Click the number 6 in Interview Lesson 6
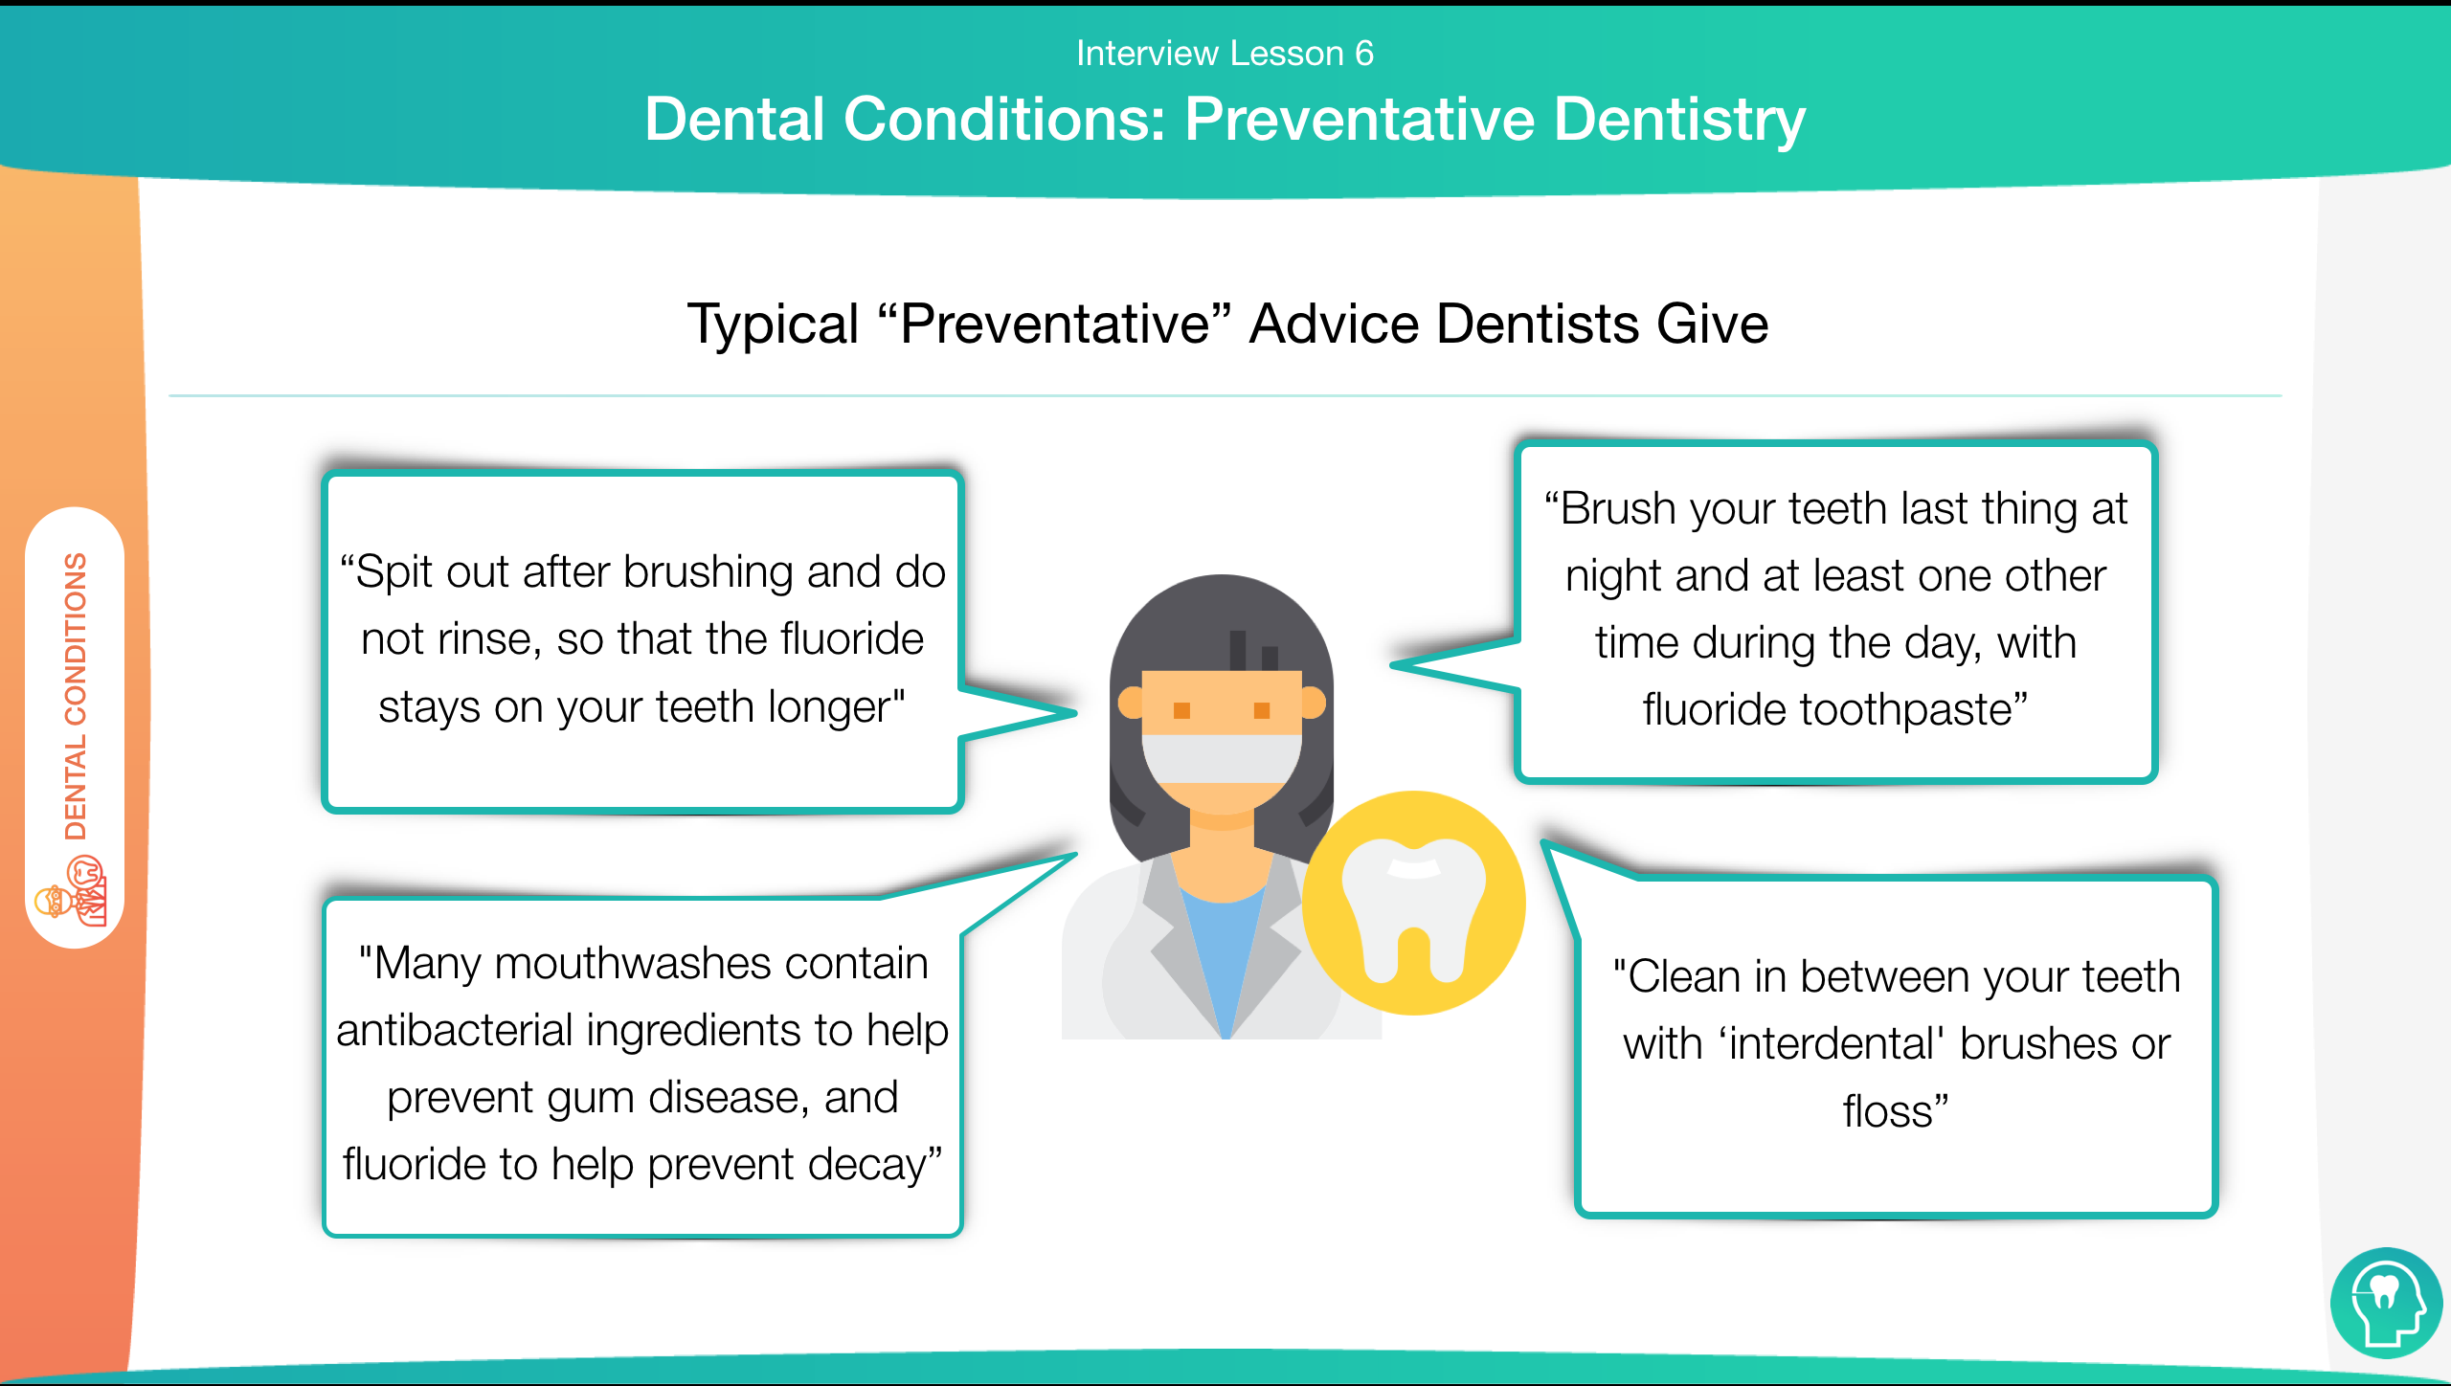1363,54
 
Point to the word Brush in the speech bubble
1618,508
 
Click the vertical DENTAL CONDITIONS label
76,697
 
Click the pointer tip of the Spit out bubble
1076,712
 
